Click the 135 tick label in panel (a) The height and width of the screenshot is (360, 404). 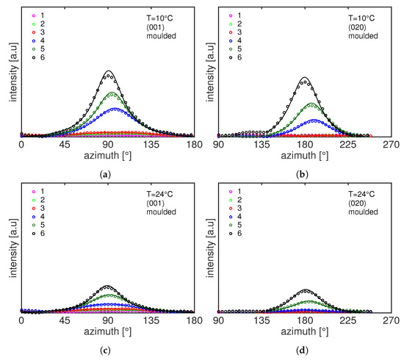click(x=151, y=146)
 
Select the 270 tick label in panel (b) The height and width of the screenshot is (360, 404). click(x=390, y=146)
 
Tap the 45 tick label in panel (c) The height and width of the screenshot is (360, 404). click(x=65, y=321)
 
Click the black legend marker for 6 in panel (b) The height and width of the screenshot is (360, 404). click(x=224, y=57)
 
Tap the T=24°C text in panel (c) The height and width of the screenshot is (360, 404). click(x=159, y=195)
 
